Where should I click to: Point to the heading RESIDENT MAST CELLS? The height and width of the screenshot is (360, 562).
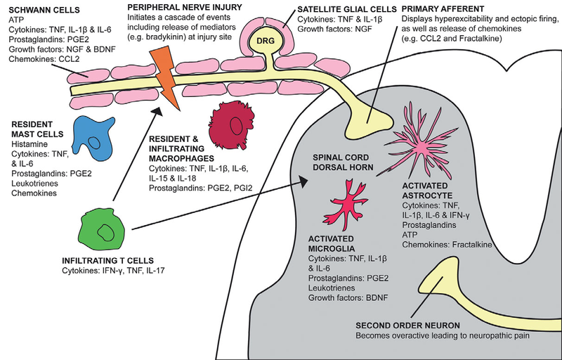pyautogui.click(x=37, y=129)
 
